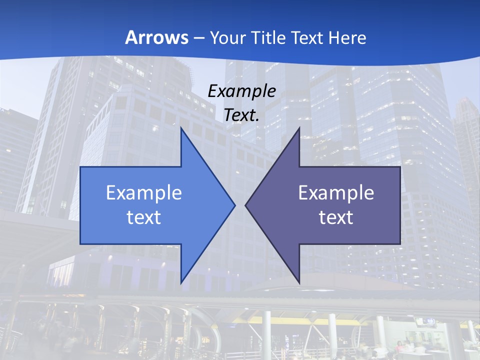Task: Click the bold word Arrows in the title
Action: pyautogui.click(x=157, y=37)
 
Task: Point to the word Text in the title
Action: pyautogui.click(x=308, y=37)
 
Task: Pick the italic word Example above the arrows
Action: pyautogui.click(x=242, y=91)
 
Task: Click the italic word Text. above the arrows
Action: pyautogui.click(x=242, y=115)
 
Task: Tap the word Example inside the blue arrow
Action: pyautogui.click(x=144, y=192)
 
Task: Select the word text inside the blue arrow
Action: pyautogui.click(x=144, y=217)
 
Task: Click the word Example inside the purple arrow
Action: pyautogui.click(x=336, y=192)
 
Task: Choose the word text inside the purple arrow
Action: pyautogui.click(x=336, y=217)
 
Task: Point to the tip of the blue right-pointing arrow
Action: pyautogui.click(x=235, y=205)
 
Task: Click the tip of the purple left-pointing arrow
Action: pyautogui.click(x=245, y=205)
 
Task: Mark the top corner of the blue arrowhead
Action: pyautogui.click(x=181, y=128)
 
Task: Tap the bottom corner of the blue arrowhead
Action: pyautogui.click(x=181, y=282)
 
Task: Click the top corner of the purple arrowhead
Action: pyautogui.click(x=299, y=128)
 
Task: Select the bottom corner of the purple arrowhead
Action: pyautogui.click(x=299, y=282)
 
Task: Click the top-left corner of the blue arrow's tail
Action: pyautogui.click(x=80, y=167)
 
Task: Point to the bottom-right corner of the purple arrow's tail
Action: pyautogui.click(x=400, y=244)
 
